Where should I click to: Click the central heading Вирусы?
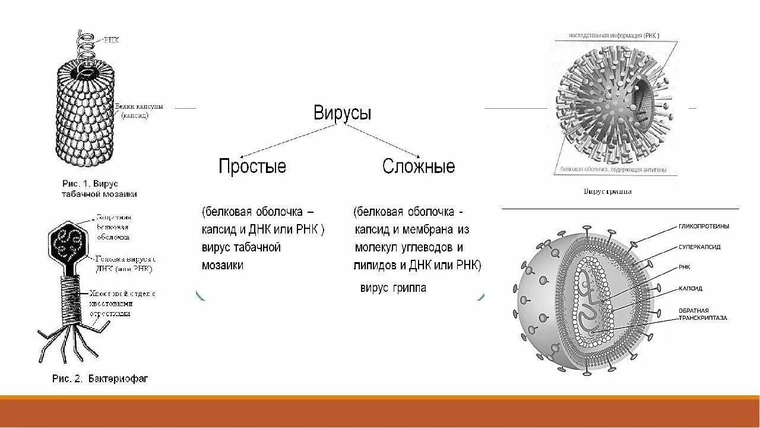[x=343, y=114]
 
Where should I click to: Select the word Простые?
[x=252, y=166]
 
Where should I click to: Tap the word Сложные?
[x=419, y=166]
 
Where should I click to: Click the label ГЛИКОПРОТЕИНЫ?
[x=704, y=226]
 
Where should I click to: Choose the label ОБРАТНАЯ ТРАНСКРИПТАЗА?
[x=703, y=314]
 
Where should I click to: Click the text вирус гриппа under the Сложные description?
[x=392, y=288]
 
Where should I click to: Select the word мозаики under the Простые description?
[x=222, y=265]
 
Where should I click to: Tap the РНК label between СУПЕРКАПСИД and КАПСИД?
[x=685, y=267]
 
